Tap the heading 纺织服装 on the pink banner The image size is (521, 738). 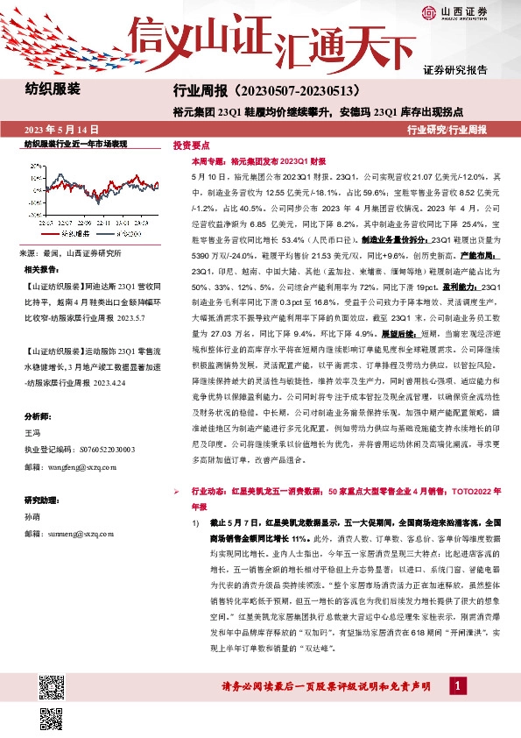(53, 89)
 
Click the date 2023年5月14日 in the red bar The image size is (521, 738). (62, 129)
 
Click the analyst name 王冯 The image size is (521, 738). (33, 433)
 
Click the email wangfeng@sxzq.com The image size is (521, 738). (80, 467)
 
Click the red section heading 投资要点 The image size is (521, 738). (191, 145)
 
